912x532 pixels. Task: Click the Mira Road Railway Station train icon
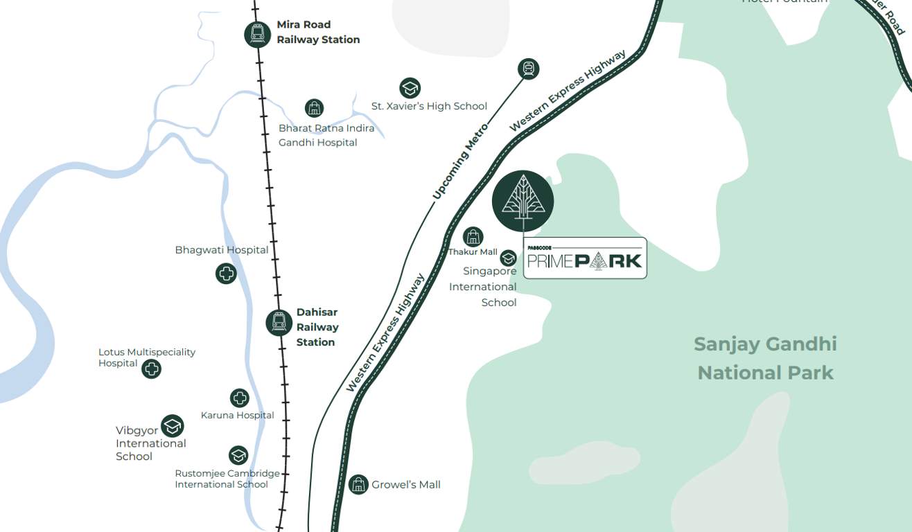coord(257,34)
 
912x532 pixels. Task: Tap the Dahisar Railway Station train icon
coord(279,322)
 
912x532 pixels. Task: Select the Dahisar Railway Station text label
coord(317,327)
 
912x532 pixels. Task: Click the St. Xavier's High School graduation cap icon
coord(410,88)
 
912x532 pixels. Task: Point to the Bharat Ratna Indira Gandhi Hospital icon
coord(315,108)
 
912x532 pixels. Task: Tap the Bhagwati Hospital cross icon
coord(226,274)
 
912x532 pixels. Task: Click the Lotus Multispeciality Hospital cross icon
coord(151,369)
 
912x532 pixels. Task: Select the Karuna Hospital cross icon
coord(239,398)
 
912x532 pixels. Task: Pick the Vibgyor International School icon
coord(172,426)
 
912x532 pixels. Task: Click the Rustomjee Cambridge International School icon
coord(238,455)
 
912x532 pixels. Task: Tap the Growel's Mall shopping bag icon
coord(358,484)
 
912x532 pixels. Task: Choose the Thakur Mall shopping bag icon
coord(473,237)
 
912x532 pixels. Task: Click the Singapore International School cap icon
coord(509,258)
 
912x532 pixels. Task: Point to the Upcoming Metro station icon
coord(528,69)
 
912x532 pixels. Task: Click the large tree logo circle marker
coord(523,201)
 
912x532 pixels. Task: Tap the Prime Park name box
coord(585,258)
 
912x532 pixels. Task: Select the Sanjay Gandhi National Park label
coord(765,358)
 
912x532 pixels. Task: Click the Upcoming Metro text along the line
coord(460,161)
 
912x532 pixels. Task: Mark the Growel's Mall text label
coord(406,485)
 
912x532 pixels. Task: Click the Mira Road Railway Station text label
coord(318,33)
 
